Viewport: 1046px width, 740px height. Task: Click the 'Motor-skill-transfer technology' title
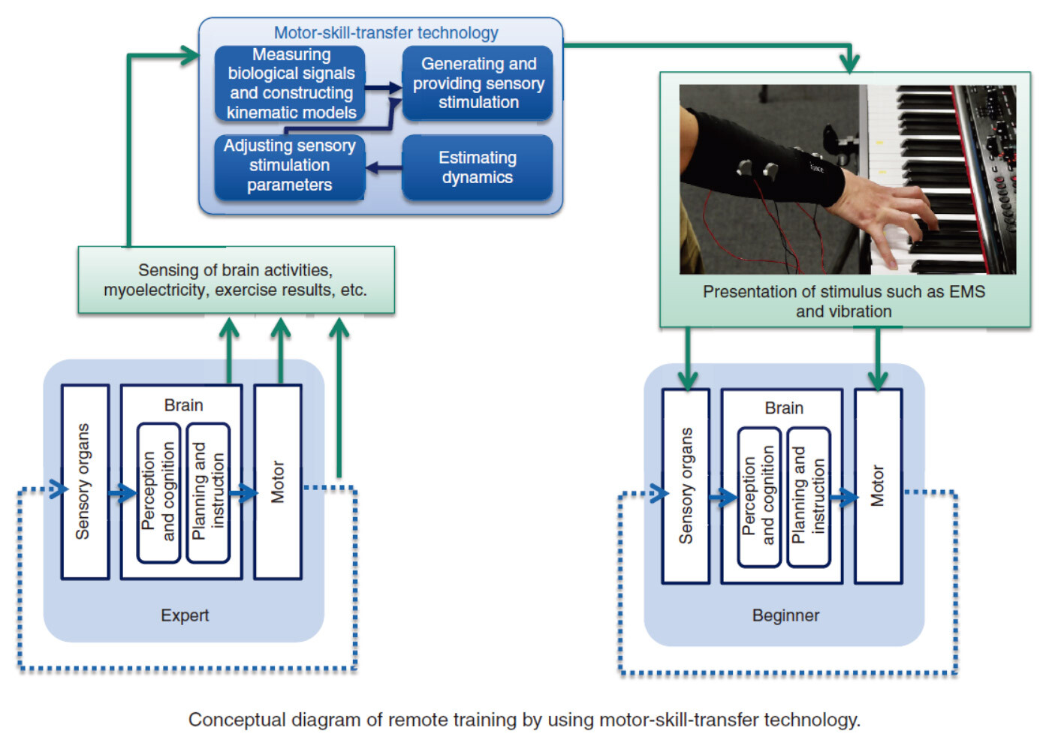point(385,33)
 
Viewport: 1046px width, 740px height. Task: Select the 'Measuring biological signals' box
point(291,83)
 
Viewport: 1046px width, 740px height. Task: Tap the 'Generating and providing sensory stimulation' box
point(478,83)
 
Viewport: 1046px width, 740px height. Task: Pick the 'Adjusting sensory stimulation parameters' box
point(290,166)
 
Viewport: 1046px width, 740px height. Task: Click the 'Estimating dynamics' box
point(478,167)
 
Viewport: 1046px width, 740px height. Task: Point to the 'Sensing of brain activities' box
point(236,280)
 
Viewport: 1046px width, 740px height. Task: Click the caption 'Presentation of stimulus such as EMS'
point(843,292)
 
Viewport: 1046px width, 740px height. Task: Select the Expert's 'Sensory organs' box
point(85,482)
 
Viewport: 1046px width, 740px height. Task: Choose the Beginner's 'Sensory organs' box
point(686,486)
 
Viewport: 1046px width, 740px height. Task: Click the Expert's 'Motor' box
point(278,482)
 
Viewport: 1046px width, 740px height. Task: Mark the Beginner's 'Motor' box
point(878,486)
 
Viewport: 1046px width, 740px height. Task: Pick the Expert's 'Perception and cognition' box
point(158,492)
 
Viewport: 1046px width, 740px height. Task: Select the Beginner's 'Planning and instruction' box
point(808,496)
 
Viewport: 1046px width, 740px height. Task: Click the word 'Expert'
point(185,615)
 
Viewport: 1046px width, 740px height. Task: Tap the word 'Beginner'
point(785,615)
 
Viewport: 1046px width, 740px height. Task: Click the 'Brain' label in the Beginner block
point(784,408)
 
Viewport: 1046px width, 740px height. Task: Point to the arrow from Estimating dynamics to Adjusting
point(384,167)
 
